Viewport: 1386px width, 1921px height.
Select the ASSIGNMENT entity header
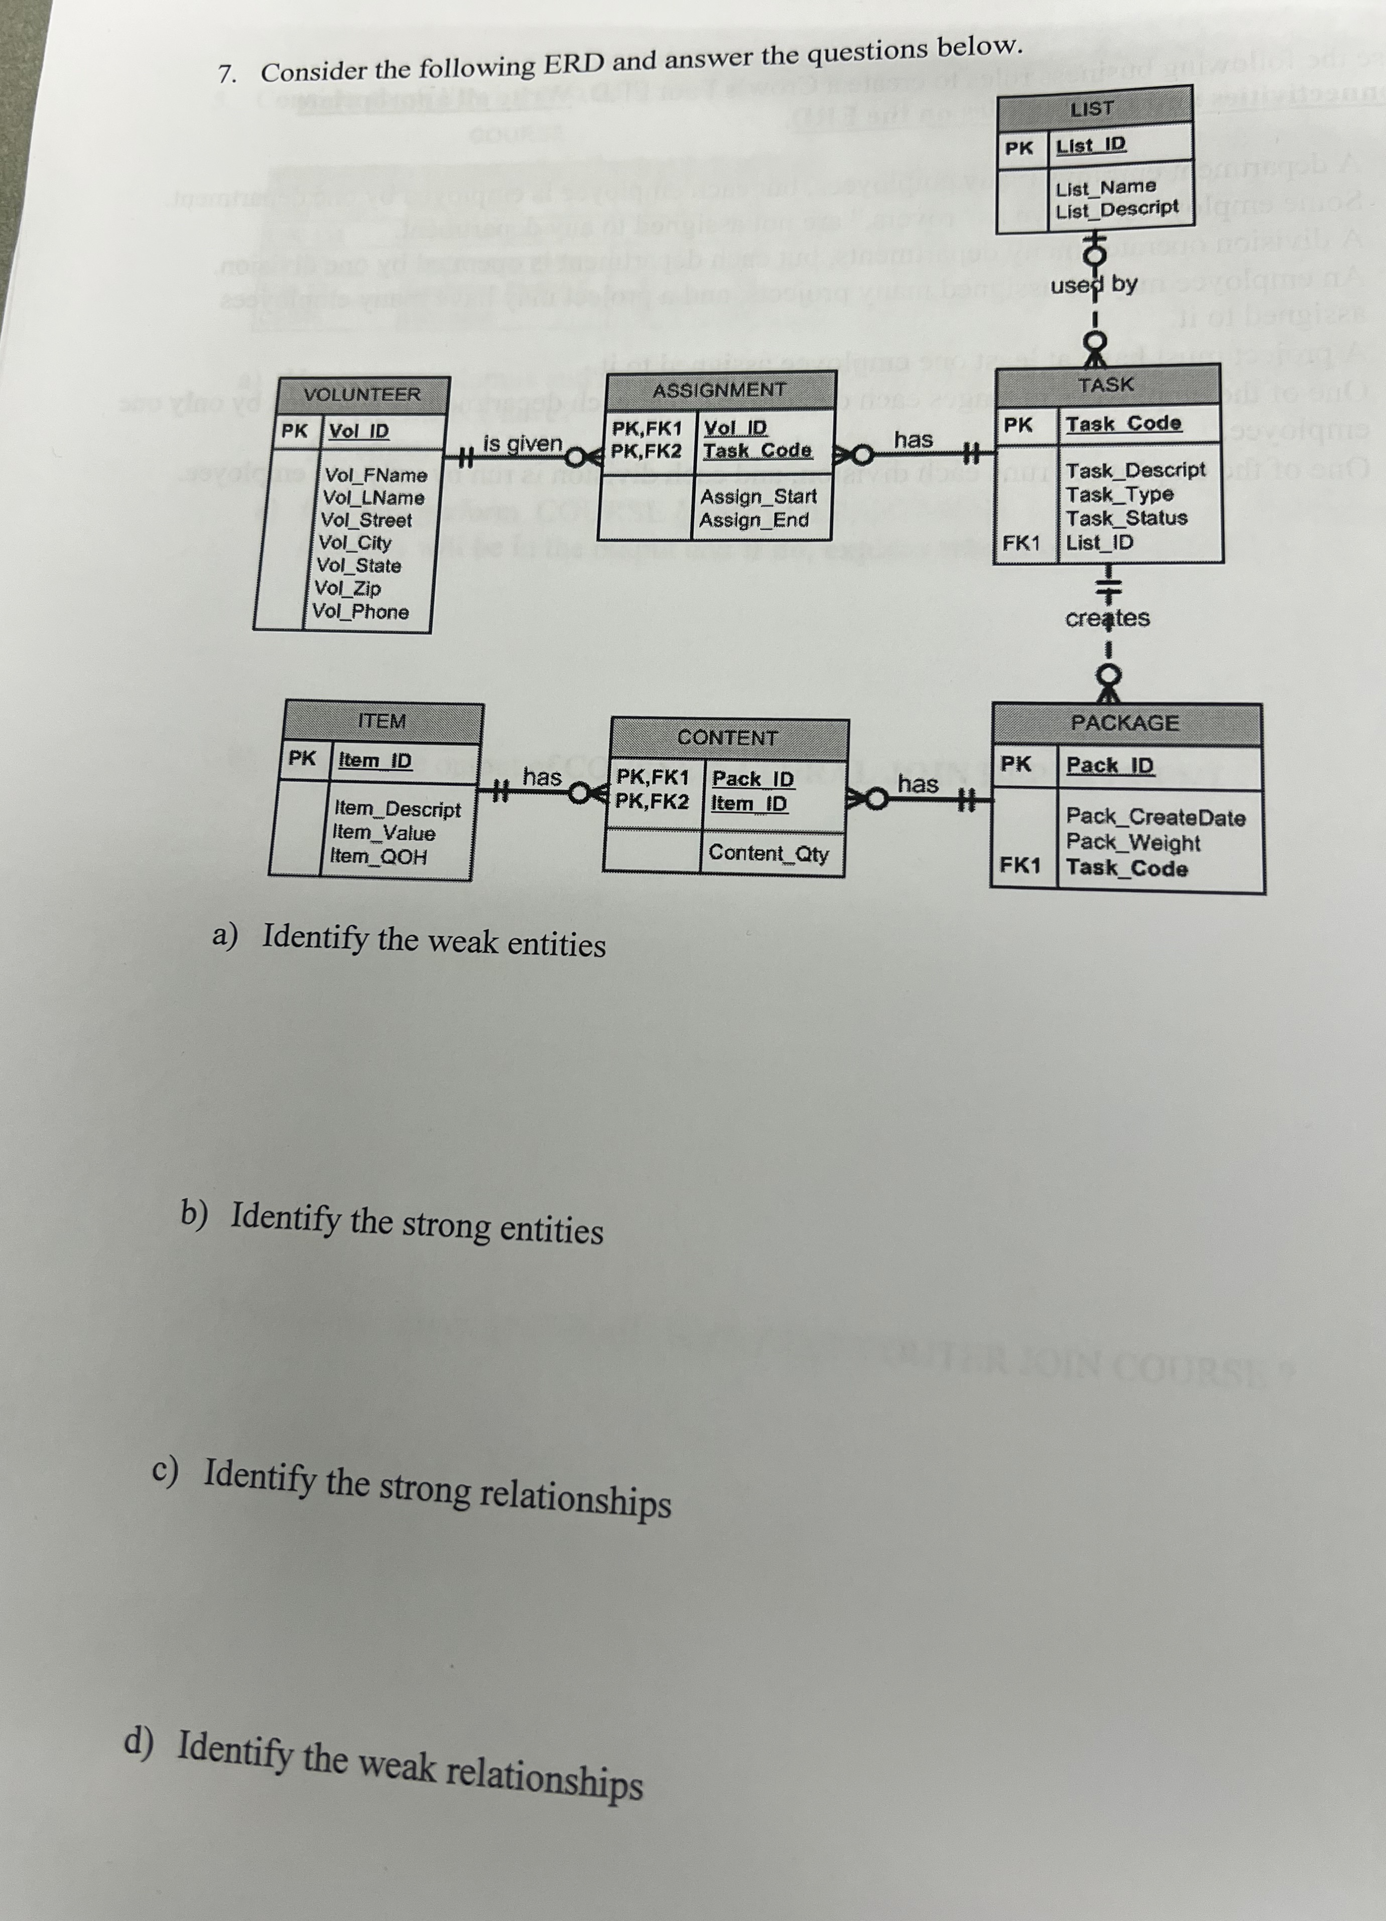click(719, 390)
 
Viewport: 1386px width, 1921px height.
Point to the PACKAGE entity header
click(1124, 723)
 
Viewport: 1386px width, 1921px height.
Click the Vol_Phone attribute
click(360, 612)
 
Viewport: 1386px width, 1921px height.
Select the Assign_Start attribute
click(758, 496)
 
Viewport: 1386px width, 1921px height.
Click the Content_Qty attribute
click(769, 853)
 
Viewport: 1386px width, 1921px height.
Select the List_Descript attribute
click(1116, 208)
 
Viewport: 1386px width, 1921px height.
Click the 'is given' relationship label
click(523, 443)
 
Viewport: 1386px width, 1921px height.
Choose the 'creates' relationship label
click(1107, 618)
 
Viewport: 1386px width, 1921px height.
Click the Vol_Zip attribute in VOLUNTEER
click(347, 588)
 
